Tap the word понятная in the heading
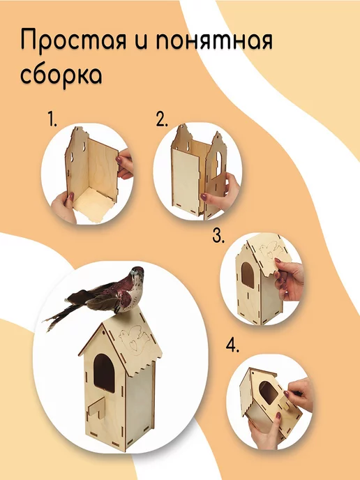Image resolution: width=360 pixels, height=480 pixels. (x=214, y=40)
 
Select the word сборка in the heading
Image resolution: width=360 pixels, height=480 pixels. (x=61, y=76)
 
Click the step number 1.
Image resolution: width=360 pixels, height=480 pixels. (x=52, y=119)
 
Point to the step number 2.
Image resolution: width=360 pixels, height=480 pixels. (x=162, y=119)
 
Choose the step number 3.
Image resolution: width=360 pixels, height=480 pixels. (x=218, y=235)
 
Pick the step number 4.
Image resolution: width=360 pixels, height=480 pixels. (x=232, y=345)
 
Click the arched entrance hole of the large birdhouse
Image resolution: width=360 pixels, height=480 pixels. (x=104, y=373)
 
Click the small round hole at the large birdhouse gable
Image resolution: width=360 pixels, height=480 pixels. (x=104, y=332)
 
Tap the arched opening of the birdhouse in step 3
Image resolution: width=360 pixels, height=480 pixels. (x=248, y=275)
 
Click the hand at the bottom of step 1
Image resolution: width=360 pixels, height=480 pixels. (x=63, y=207)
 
